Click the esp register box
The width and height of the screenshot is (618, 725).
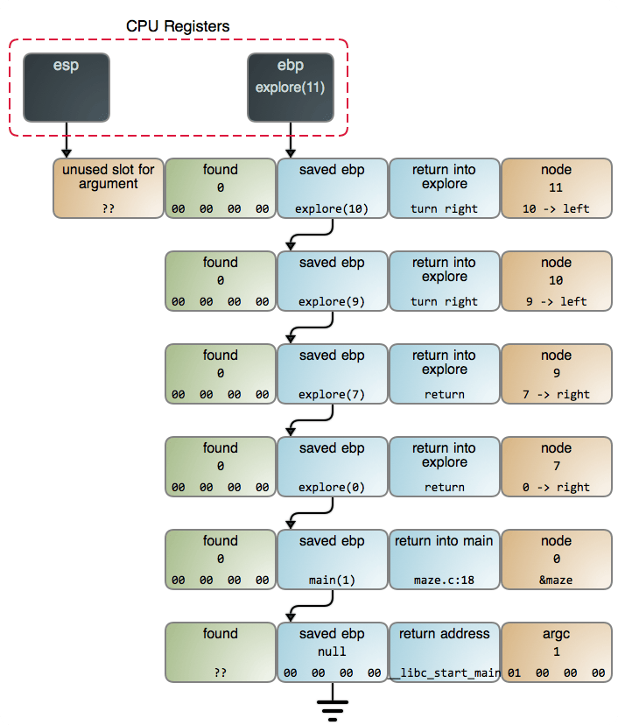coord(67,88)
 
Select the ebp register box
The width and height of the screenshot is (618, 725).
coord(290,88)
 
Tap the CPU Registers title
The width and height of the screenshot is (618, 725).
coord(178,26)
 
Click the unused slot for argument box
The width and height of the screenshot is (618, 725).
coord(108,188)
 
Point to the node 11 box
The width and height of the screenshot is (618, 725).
coord(556,188)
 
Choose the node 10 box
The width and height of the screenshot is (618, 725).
coord(556,281)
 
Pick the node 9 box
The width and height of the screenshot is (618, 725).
coord(556,374)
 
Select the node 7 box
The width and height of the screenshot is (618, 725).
coord(556,467)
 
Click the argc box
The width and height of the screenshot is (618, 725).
coord(556,652)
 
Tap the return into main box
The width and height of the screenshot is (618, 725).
coord(444,560)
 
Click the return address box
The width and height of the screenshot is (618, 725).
coord(444,652)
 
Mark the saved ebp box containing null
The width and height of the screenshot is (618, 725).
coord(332,652)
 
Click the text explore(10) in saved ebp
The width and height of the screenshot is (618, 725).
coord(332,209)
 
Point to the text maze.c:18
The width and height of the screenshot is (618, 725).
coord(444,581)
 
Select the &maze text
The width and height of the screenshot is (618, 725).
coord(556,581)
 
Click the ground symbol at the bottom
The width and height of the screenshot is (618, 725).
coord(332,707)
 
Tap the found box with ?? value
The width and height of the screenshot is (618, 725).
coord(220,652)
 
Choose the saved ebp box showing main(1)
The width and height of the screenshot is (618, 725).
coord(332,560)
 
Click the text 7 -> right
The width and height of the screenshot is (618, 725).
coord(556,395)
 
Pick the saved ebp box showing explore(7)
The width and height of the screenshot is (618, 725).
coord(332,374)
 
